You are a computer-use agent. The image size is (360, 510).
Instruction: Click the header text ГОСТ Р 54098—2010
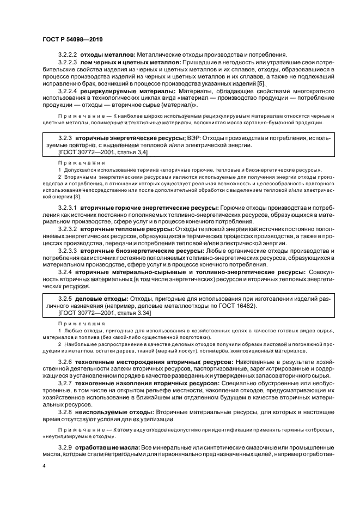click(x=72, y=40)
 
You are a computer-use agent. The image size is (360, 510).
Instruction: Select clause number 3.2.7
click(x=64, y=384)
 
